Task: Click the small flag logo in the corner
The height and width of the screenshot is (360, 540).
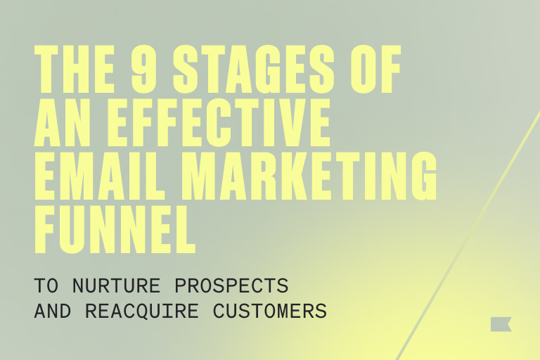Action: tap(501, 324)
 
